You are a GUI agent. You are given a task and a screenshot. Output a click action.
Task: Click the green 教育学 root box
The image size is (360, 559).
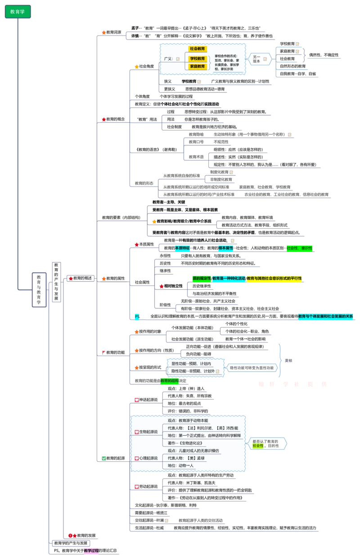18,12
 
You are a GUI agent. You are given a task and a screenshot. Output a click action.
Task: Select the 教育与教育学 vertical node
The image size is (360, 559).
39,290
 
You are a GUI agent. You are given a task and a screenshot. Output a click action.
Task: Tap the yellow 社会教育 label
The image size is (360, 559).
197,49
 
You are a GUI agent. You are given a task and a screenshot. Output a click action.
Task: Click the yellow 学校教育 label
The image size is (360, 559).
197,59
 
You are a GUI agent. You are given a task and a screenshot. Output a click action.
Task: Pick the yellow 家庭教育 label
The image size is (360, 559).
197,66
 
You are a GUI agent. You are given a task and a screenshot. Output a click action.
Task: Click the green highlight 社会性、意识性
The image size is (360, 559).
299,248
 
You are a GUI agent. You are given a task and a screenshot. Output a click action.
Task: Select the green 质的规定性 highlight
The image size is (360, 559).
201,279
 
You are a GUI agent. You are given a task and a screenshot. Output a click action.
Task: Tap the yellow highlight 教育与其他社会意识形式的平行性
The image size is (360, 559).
274,279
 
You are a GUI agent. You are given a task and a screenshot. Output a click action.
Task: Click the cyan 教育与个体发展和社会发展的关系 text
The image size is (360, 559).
326,316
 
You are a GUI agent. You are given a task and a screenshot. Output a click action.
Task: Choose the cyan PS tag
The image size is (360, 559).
136,317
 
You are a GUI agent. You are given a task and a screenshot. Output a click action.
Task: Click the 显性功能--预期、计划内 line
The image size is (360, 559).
191,364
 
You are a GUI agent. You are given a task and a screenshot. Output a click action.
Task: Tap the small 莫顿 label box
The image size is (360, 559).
288,361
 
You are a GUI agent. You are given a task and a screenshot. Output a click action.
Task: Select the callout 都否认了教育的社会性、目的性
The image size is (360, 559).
266,444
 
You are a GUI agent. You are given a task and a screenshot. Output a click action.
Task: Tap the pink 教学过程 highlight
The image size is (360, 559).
91,550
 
